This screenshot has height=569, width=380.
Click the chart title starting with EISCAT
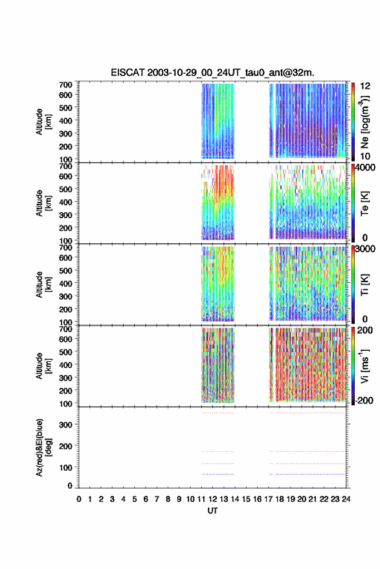[212, 73]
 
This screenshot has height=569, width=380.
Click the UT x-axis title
[212, 511]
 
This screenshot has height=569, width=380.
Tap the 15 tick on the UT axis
[246, 499]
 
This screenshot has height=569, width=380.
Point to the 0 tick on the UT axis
[79, 499]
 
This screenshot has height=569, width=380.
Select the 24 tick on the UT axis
[346, 499]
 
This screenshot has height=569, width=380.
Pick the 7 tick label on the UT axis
[157, 499]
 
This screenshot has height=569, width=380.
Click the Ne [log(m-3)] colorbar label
[364, 122]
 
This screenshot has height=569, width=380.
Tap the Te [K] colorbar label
[364, 203]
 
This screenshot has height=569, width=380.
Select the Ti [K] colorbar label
[364, 285]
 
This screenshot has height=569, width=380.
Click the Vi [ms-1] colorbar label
[364, 366]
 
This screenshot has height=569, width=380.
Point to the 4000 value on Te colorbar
[365, 167]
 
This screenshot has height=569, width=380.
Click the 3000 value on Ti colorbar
[365, 249]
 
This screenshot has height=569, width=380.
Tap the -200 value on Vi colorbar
[363, 400]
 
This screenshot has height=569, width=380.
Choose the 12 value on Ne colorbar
[365, 86]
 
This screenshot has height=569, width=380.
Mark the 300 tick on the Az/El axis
[66, 425]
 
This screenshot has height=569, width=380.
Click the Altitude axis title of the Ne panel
[43, 122]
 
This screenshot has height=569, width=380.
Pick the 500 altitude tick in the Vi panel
[66, 351]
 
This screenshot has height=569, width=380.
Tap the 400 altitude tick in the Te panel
[66, 202]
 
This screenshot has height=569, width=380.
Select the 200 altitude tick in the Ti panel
[66, 309]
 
